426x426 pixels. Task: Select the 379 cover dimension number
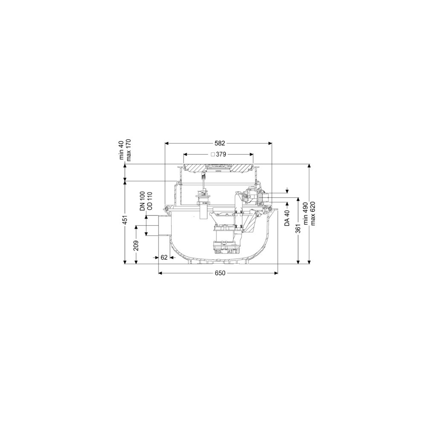click(x=221, y=154)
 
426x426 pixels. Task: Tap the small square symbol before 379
click(x=213, y=154)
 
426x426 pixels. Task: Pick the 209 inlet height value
click(x=136, y=246)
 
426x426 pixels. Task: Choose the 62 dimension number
click(x=164, y=257)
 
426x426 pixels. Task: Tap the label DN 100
click(x=143, y=201)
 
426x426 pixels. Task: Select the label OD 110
click(x=150, y=201)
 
